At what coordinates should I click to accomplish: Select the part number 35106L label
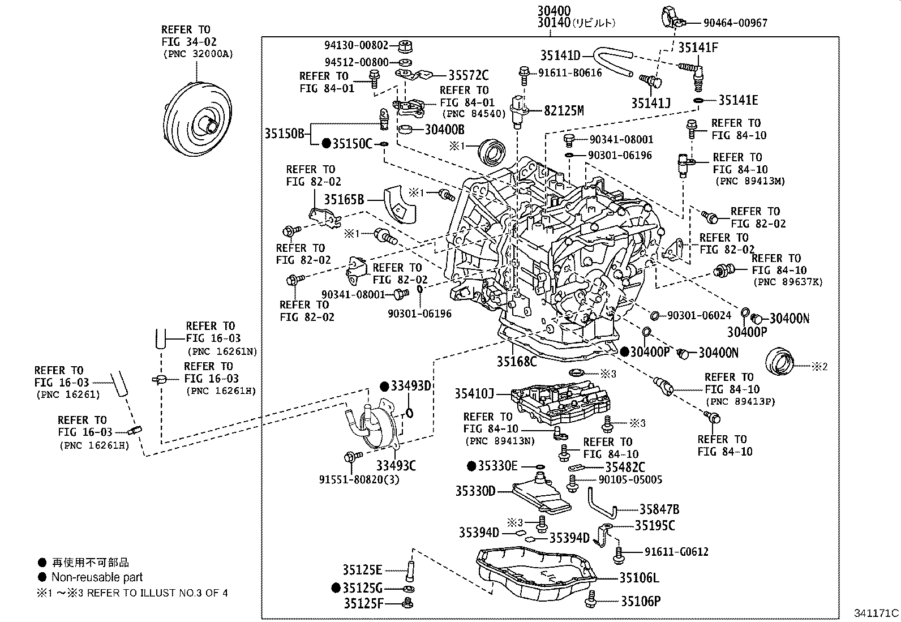[x=639, y=578]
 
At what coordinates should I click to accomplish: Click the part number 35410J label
[x=474, y=393]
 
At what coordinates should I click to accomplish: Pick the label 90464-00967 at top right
[x=735, y=23]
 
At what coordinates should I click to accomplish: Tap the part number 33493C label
[x=396, y=466]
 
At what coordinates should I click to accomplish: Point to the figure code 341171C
[x=876, y=612]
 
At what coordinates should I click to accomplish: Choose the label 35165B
[x=344, y=199]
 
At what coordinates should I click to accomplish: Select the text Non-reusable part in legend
[x=97, y=577]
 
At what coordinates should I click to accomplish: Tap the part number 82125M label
[x=564, y=111]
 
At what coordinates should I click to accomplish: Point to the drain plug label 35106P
[x=641, y=601]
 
